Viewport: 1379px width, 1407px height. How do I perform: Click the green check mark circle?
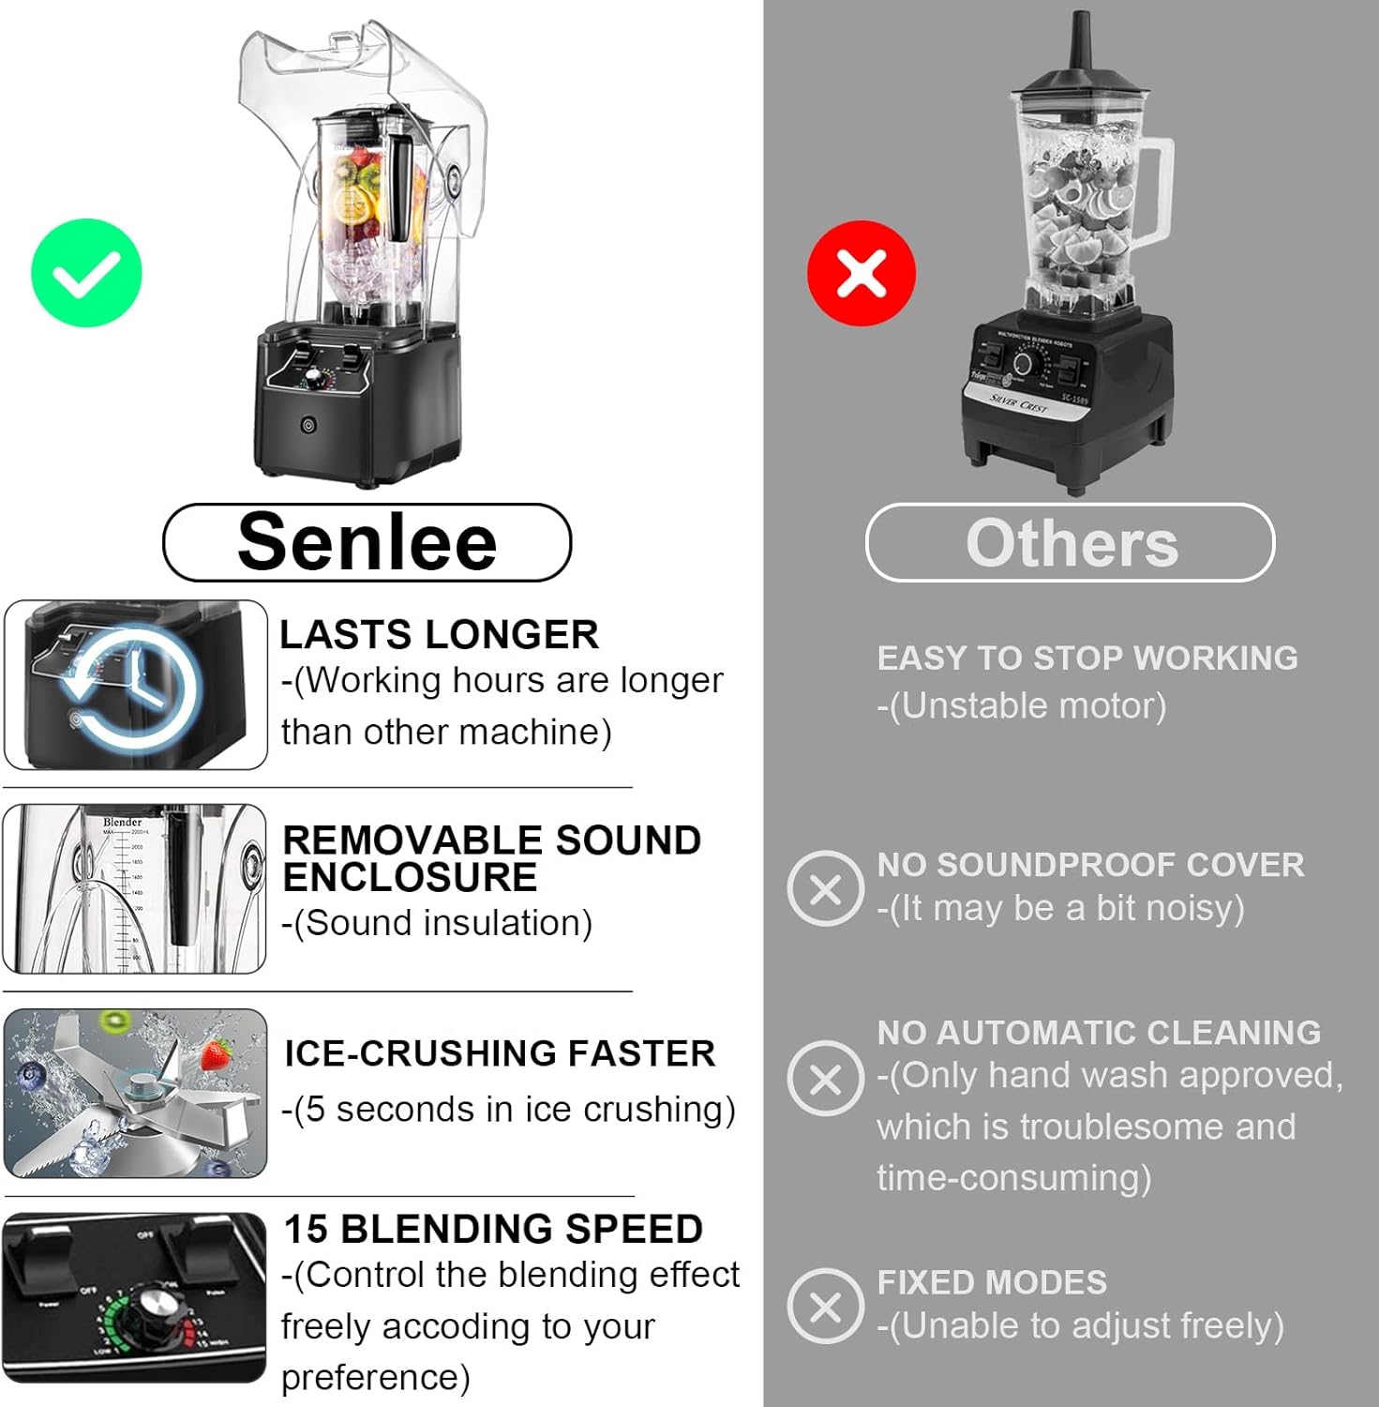pyautogui.click(x=86, y=273)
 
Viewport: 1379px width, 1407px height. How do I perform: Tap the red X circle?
pyautogui.click(x=862, y=273)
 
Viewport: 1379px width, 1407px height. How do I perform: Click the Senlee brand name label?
pyautogui.click(x=367, y=542)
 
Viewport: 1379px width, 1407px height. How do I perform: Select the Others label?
pyautogui.click(x=1071, y=543)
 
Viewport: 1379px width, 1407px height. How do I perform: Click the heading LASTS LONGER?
pyautogui.click(x=439, y=635)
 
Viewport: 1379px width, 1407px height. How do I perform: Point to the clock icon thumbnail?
pyautogui.click(x=136, y=685)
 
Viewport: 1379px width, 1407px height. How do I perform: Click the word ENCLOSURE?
pyautogui.click(x=410, y=878)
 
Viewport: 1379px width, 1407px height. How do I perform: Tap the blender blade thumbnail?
pyautogui.click(x=136, y=1094)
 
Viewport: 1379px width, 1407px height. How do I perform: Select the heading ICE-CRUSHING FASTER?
pyautogui.click(x=500, y=1053)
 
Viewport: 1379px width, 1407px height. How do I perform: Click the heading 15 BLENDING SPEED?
pyautogui.click(x=493, y=1229)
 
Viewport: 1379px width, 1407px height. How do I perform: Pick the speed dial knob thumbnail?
pyautogui.click(x=135, y=1298)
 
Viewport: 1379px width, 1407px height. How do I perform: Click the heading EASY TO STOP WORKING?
pyautogui.click(x=1087, y=658)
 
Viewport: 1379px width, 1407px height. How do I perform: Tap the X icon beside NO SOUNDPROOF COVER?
pyautogui.click(x=825, y=888)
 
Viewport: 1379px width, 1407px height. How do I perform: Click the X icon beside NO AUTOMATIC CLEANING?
pyautogui.click(x=825, y=1078)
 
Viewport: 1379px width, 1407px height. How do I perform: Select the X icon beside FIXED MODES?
pyautogui.click(x=825, y=1306)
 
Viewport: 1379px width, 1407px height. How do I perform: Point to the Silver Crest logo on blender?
pyautogui.click(x=1019, y=403)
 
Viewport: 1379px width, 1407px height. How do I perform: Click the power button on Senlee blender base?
pyautogui.click(x=308, y=426)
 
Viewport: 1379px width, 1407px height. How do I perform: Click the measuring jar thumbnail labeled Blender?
pyautogui.click(x=135, y=888)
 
